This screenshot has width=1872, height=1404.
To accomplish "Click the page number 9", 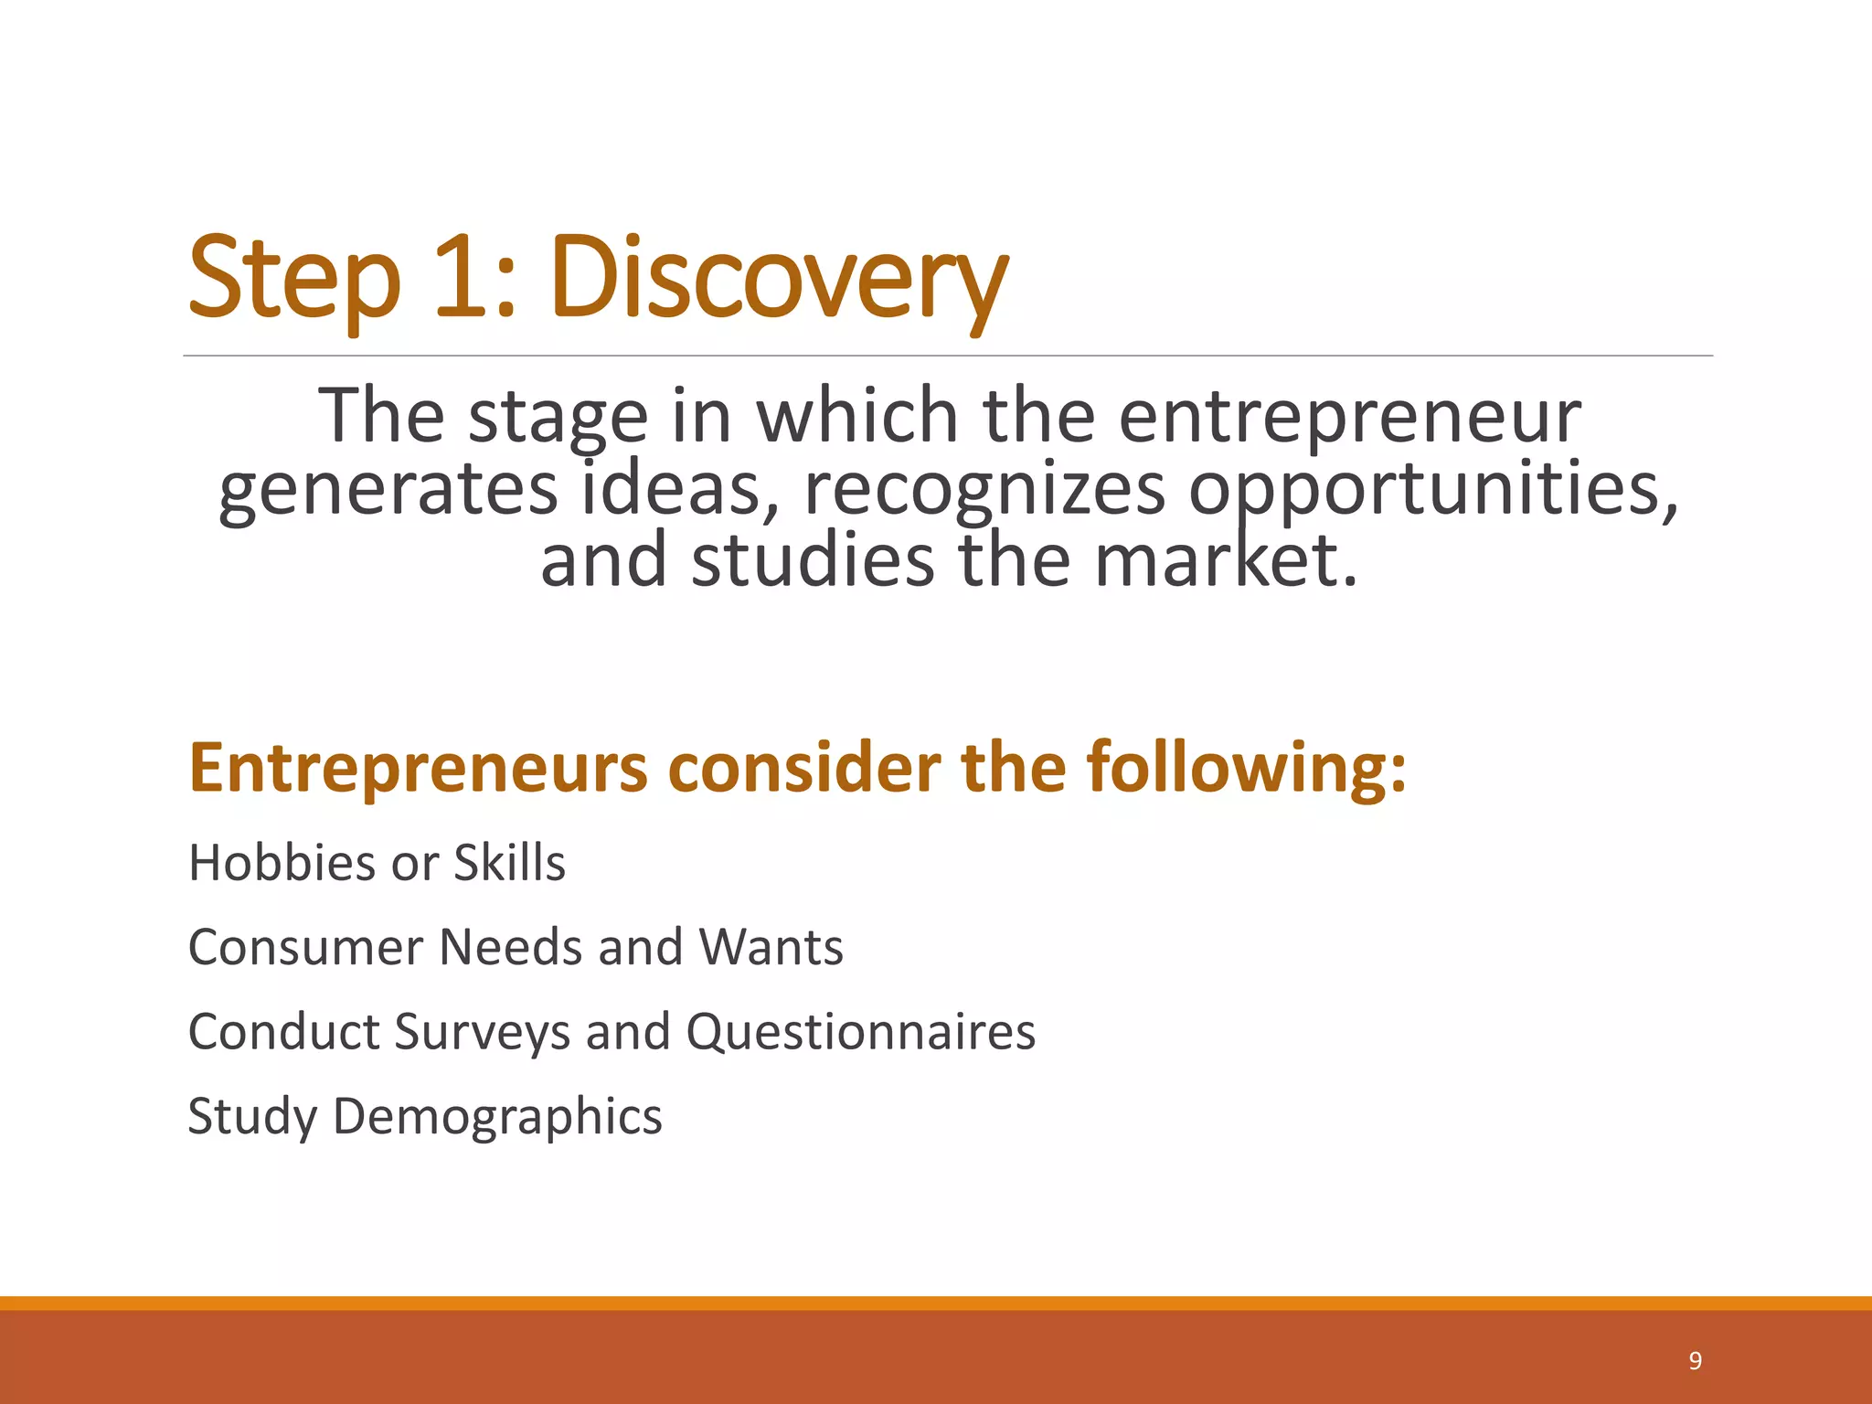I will [1695, 1361].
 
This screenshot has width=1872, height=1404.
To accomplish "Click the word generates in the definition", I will [388, 489].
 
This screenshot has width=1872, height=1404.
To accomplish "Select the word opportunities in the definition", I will [1433, 489].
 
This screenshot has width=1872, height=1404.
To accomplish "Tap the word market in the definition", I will [1225, 560].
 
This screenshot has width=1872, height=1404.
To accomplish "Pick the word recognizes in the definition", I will [984, 489].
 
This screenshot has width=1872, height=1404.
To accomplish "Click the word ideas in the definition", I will [682, 489].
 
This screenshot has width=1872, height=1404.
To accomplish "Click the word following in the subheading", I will [1247, 767].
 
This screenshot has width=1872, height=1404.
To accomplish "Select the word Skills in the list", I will [509, 862].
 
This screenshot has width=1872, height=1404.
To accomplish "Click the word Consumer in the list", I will [305, 947].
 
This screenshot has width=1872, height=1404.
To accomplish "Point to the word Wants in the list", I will [771, 947].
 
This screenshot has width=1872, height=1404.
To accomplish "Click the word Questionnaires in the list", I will [860, 1032].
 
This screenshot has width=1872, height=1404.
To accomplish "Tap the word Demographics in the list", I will [497, 1116].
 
